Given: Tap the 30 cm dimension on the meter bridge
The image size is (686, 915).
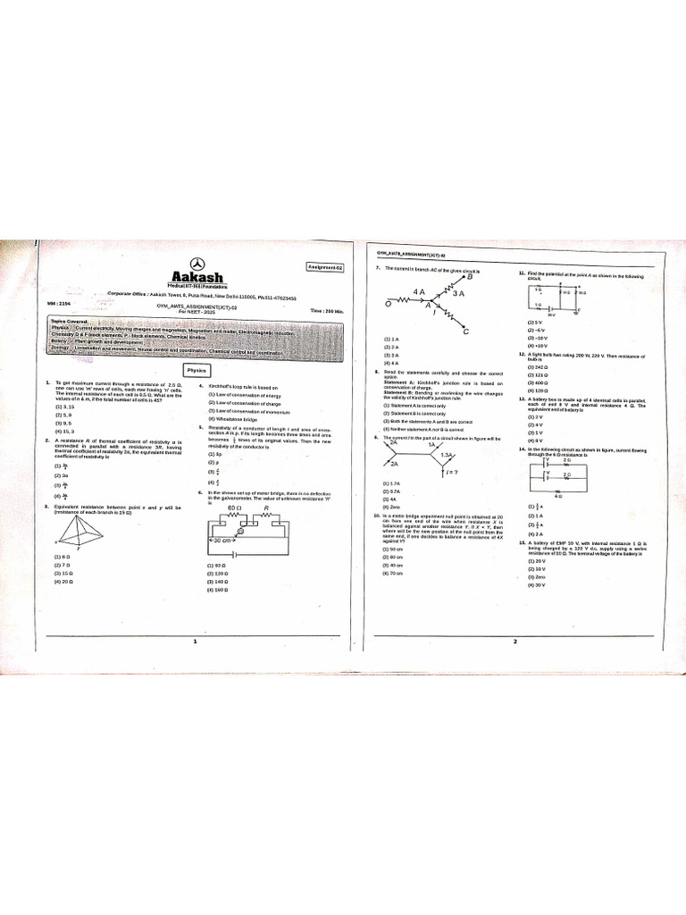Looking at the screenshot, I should pyautogui.click(x=223, y=541).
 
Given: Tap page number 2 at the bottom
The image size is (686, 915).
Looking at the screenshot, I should pyautogui.click(x=514, y=642).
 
